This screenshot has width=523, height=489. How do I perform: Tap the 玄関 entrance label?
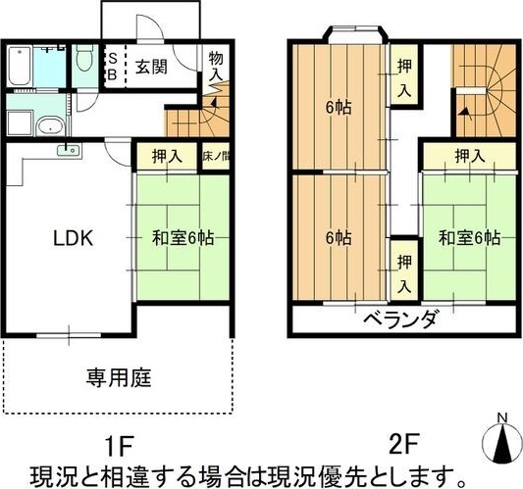click(x=151, y=68)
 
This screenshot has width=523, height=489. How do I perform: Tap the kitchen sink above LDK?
click(x=68, y=150)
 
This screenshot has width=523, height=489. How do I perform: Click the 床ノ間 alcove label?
click(x=217, y=156)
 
